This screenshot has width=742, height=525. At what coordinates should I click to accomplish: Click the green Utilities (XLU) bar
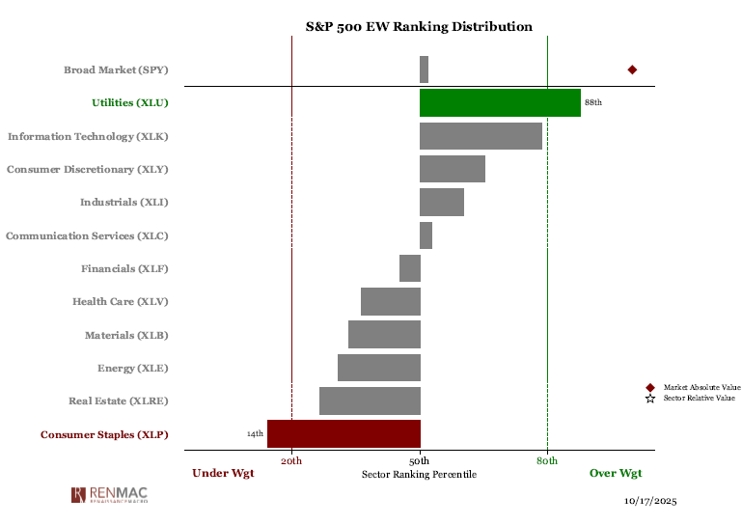tap(500, 102)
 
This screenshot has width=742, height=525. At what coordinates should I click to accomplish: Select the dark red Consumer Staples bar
tap(344, 433)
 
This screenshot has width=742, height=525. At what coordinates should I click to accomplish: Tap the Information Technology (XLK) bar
tap(481, 136)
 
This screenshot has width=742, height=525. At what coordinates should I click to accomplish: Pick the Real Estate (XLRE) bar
tap(370, 401)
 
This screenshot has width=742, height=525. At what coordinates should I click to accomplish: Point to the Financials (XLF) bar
tap(410, 268)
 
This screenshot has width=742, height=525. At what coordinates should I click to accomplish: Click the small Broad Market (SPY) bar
tap(424, 69)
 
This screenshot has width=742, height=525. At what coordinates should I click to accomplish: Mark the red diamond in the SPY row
tap(632, 69)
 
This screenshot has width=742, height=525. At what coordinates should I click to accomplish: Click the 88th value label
tap(593, 102)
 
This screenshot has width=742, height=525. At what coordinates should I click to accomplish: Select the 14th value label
tap(255, 434)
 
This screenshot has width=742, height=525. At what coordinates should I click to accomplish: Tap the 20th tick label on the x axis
tap(291, 461)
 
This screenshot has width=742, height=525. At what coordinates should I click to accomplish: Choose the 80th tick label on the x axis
tap(547, 461)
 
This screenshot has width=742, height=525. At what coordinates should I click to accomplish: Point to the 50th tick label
tap(420, 461)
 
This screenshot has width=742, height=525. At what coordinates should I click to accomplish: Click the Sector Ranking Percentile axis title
tap(419, 474)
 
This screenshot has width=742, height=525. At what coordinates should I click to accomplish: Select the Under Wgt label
tap(223, 473)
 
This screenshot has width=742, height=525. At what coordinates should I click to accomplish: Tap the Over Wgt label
tap(616, 473)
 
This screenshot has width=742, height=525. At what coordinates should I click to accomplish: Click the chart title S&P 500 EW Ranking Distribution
tap(419, 27)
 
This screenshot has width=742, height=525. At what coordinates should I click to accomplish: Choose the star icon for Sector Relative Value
tap(650, 398)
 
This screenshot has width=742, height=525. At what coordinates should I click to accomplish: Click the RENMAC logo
tap(109, 495)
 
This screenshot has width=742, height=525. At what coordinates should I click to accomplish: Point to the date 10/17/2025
tap(652, 502)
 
